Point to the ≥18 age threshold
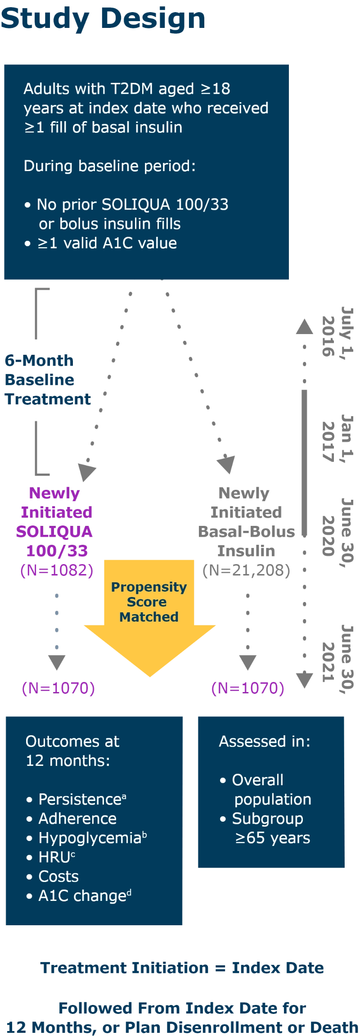(x=216, y=89)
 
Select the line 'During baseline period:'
(x=109, y=166)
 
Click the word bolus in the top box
(x=82, y=224)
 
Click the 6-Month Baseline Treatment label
(x=47, y=380)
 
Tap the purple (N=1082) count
(x=57, y=570)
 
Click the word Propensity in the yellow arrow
(x=148, y=587)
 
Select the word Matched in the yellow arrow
(x=148, y=617)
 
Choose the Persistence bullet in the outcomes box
(x=80, y=800)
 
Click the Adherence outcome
(x=77, y=819)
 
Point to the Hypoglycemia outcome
(x=90, y=838)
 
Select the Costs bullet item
(x=58, y=877)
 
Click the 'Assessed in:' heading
(x=265, y=742)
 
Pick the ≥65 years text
(x=273, y=838)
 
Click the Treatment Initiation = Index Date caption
(x=182, y=968)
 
